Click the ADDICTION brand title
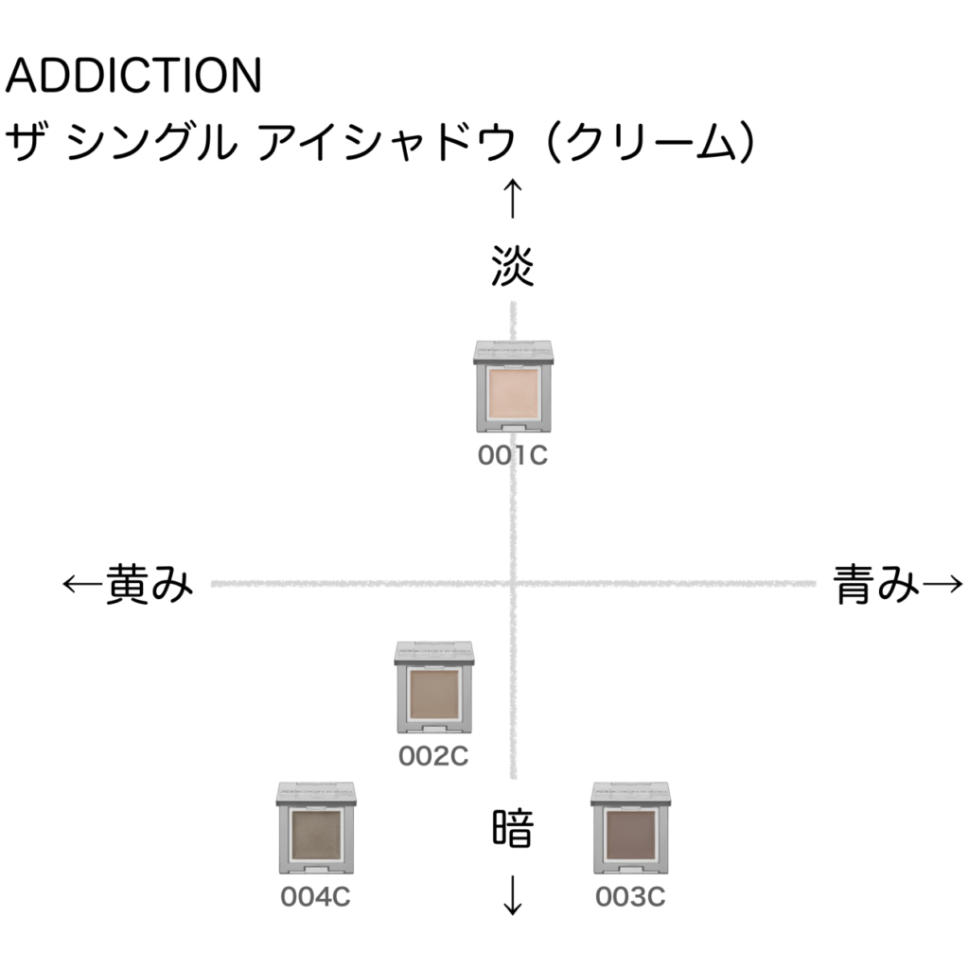pos(133,76)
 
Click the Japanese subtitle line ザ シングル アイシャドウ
pos(380,142)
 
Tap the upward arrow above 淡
pos(512,199)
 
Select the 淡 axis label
pos(512,266)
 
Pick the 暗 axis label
pos(512,828)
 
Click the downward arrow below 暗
pos(512,895)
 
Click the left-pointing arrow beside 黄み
pos(83,583)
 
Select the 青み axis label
pos(876,583)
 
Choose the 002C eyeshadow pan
pos(434,694)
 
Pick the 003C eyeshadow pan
pos(631,835)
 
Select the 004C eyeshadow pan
pos(316,835)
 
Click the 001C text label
pos(512,455)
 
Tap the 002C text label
pos(433,756)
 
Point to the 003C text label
pos(630,897)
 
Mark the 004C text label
pos(315,897)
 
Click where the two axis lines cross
pos(512,583)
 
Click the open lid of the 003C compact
pos(631,794)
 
